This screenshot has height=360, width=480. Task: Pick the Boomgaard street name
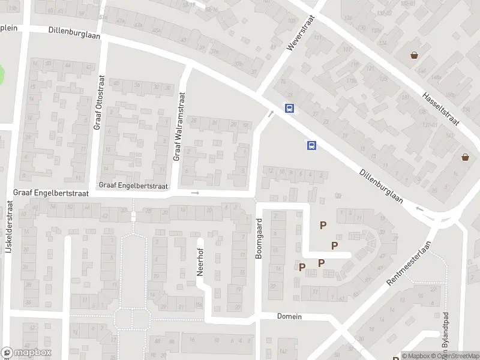(260, 238)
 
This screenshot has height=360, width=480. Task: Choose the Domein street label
(289, 316)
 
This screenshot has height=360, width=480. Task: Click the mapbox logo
(26, 353)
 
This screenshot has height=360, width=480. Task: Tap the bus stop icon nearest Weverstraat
(289, 109)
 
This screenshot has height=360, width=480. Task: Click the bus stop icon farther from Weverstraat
(311, 145)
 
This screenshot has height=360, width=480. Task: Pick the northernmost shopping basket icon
(414, 56)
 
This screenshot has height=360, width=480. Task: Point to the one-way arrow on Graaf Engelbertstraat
(194, 193)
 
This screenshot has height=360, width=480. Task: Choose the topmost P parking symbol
(323, 225)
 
